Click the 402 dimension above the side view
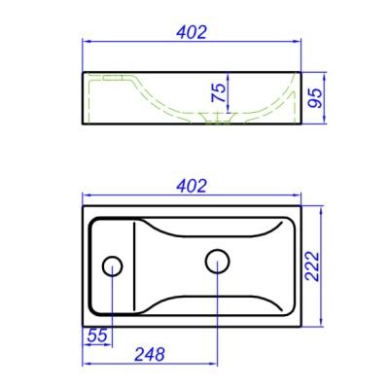(192, 32)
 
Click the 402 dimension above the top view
(192, 186)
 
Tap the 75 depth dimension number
(219, 93)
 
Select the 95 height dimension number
(315, 98)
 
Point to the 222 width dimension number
(312, 266)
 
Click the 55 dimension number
(97, 336)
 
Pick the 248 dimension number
(150, 354)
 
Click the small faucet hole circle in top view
(112, 265)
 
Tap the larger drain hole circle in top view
(218, 262)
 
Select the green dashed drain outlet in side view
(216, 118)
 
